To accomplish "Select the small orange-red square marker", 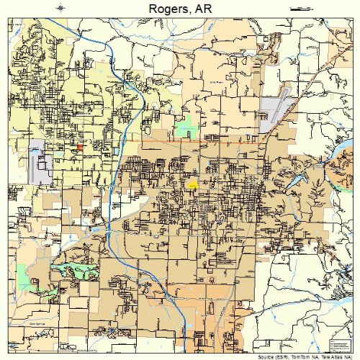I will click(79, 146).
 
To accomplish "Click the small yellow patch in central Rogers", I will click(192, 184).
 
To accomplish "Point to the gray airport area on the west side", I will click(40, 161).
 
